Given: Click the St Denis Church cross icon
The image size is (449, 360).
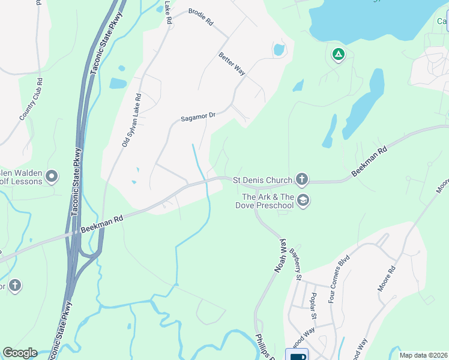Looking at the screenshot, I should (x=302, y=179).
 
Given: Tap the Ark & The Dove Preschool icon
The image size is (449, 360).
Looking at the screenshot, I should (x=303, y=200).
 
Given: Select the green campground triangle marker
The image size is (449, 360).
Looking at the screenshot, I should (x=339, y=55).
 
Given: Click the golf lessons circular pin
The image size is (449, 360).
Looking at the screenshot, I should (x=52, y=176).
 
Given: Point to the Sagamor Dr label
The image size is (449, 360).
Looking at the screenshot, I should (x=197, y=115).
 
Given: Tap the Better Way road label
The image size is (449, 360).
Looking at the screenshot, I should (x=232, y=64).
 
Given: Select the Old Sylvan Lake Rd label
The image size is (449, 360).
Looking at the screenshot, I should (x=131, y=120).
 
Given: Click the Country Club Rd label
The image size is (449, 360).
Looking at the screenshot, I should (x=31, y=99).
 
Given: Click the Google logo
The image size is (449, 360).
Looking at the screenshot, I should (x=20, y=353).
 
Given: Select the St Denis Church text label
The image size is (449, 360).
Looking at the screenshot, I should (x=262, y=179).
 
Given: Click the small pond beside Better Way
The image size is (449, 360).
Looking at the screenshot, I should (x=279, y=49).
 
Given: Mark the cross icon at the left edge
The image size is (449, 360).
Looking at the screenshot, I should (x=14, y=286).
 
